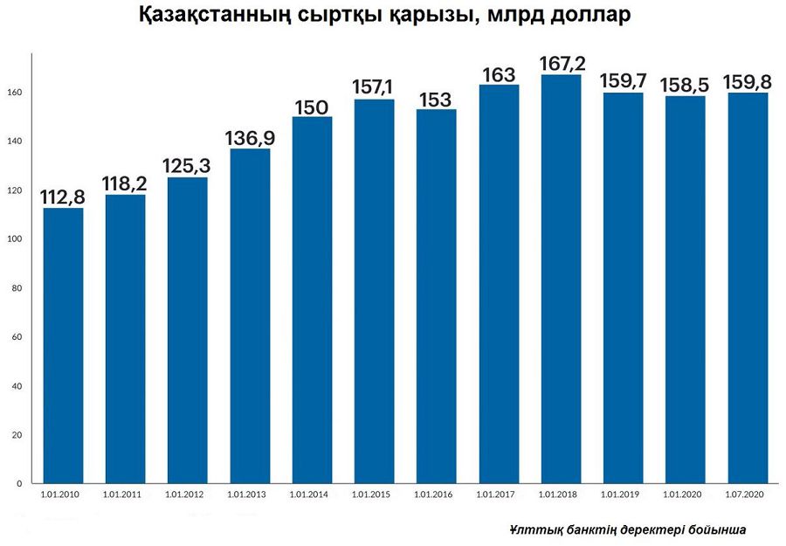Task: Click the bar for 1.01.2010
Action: point(63,345)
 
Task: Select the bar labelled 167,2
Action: point(561,280)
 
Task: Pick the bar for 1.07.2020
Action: point(747,288)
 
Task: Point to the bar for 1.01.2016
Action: point(436,296)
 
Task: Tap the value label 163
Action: point(499,75)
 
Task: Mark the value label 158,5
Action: point(685,85)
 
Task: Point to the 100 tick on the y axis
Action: point(15,239)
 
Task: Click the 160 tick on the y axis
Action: point(15,93)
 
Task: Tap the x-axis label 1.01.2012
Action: point(184,494)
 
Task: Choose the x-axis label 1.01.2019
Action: point(619,494)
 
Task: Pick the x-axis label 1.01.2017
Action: point(495,494)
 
